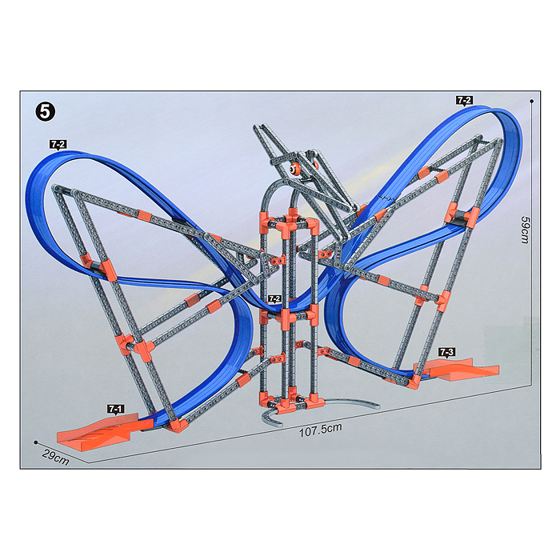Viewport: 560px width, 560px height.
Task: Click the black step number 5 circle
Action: tap(46, 112)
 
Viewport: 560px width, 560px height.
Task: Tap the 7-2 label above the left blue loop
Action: tap(58, 144)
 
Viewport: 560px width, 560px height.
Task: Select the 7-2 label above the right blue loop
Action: tap(464, 100)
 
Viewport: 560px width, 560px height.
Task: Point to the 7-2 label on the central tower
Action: tap(274, 298)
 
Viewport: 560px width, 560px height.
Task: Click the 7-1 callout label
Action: tap(116, 409)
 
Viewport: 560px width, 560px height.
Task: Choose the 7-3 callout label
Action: tap(446, 352)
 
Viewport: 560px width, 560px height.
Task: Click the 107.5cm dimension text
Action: tap(320, 430)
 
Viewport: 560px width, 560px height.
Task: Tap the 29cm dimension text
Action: tap(56, 457)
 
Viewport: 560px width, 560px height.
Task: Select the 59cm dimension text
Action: tap(525, 230)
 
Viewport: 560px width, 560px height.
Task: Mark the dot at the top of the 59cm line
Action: tap(532, 102)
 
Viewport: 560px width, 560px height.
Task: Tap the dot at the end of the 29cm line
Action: tap(36, 442)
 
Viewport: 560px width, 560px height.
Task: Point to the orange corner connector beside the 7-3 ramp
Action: tap(416, 381)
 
